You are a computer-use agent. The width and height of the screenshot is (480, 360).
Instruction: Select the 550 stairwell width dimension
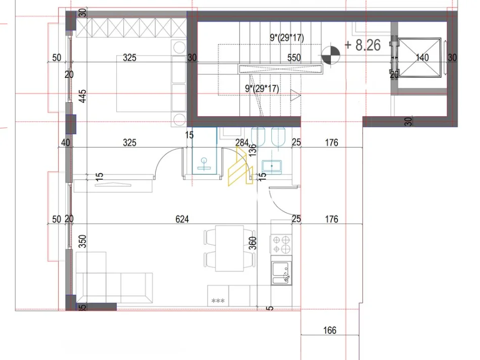[294, 58]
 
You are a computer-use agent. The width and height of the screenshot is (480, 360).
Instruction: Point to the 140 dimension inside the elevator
[422, 58]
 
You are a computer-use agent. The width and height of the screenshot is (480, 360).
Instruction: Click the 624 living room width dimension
[182, 219]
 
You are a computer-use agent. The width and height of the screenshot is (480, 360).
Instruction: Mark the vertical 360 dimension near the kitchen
[253, 244]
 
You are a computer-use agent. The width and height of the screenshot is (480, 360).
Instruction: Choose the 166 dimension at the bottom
[329, 331]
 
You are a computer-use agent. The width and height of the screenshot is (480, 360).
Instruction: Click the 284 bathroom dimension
[242, 143]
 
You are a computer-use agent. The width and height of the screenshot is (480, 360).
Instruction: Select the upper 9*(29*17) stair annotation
[286, 37]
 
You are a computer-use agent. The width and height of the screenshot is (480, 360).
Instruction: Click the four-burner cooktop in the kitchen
[281, 245]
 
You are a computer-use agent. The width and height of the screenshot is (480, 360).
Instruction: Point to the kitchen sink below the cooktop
[281, 275]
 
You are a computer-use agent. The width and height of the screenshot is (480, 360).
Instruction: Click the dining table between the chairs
[229, 248]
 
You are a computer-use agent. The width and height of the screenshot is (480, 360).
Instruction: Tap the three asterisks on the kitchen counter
[218, 301]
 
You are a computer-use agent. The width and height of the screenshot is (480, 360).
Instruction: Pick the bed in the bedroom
[144, 83]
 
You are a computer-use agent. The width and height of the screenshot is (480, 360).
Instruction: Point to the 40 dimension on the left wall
[65, 143]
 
